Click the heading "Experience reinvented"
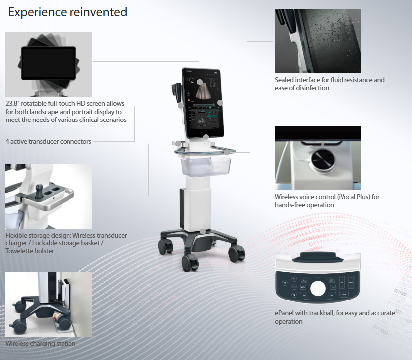pos(68,12)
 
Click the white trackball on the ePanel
pos(318,288)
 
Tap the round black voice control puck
pos(323,159)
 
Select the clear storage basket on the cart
pos(206,166)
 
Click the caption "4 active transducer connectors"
pos(49,141)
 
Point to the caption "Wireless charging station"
pos(41,343)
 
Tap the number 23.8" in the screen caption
pos(12,103)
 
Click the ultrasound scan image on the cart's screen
pos(204,91)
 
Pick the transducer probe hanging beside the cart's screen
pos(177,92)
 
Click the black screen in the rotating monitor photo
pos(49,63)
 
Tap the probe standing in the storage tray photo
pos(39,191)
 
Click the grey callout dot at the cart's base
pos(203,231)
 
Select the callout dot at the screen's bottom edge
pos(206,137)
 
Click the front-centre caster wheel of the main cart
pos(190,263)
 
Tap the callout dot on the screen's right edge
pos(220,103)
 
